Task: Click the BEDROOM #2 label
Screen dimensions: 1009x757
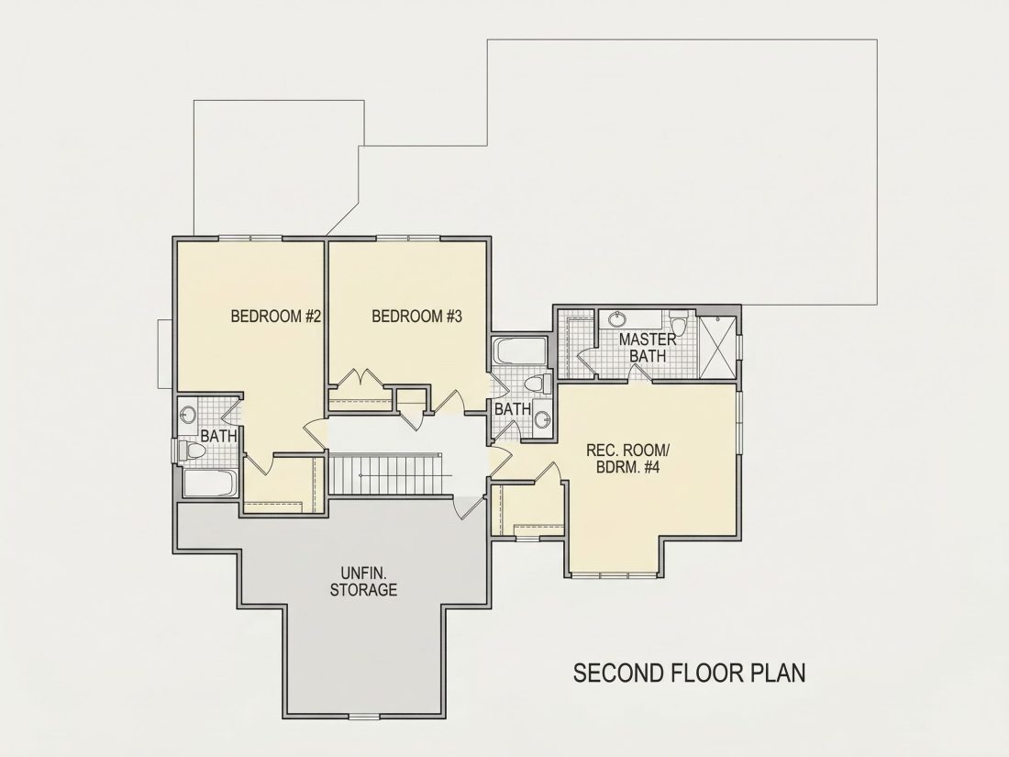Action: click(275, 317)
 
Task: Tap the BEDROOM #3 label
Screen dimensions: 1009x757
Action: click(417, 317)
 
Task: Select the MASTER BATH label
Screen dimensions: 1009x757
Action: click(648, 347)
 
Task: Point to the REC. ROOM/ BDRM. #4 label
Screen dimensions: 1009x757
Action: click(623, 458)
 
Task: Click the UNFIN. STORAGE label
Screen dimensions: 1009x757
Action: click(363, 581)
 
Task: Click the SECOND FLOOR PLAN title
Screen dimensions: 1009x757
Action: click(689, 673)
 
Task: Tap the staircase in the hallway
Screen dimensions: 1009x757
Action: click(385, 473)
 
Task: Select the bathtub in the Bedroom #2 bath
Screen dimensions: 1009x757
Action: click(210, 483)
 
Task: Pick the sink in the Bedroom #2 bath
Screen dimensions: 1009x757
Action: click(188, 415)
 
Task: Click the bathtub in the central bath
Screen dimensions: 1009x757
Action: click(519, 351)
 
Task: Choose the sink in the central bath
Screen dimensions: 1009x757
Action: click(542, 419)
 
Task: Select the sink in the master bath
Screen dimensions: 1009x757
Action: click(617, 318)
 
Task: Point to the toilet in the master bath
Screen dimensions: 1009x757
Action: click(679, 320)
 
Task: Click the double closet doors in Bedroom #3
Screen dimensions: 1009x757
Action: click(360, 378)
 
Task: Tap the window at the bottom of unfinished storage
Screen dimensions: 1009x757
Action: click(364, 717)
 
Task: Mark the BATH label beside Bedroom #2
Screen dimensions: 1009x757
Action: click(219, 436)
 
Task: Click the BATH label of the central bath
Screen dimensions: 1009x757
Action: click(512, 408)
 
